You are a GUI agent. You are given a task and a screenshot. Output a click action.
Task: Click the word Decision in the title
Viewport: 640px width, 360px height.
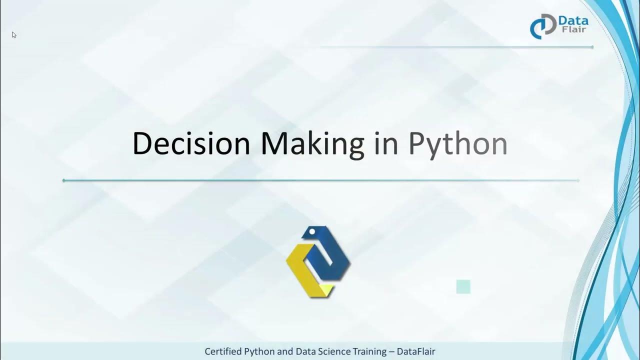pos(191,143)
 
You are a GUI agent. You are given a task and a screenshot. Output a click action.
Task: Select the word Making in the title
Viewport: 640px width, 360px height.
pos(312,144)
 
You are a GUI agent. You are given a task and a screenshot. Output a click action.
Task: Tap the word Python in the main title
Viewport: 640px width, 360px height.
pos(457,144)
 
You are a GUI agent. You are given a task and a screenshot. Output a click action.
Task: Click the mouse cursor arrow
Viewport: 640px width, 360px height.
pos(14,34)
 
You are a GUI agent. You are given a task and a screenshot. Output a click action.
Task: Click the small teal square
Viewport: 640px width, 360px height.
pos(463,286)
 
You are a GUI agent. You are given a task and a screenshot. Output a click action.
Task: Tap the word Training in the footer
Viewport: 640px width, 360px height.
pos(370,351)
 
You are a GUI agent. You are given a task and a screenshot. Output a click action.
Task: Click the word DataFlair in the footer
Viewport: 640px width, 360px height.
pos(416,351)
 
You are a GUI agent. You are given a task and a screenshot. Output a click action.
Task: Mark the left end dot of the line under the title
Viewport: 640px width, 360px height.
pos(64,180)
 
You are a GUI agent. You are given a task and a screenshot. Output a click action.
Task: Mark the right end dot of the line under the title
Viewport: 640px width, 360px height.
pos(578,180)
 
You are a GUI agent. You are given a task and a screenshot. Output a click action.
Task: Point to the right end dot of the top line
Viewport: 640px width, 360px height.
pos(592,47)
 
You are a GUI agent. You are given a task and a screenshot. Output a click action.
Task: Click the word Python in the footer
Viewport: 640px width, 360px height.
pos(263,351)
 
